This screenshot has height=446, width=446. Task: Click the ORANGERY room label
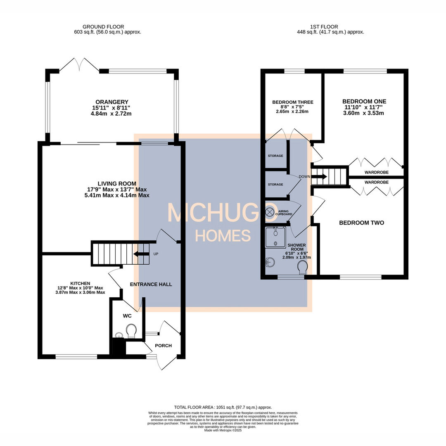tap(111, 102)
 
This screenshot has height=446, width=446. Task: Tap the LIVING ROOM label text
tap(117, 183)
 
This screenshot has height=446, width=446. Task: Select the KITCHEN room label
tap(69, 283)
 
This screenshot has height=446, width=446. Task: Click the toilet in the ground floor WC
tap(132, 331)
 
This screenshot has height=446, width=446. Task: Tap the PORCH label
tap(163, 346)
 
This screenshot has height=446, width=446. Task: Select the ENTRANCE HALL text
tap(151, 284)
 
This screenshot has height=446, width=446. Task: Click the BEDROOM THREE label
tap(293, 102)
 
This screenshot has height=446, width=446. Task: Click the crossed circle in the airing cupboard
tap(269, 212)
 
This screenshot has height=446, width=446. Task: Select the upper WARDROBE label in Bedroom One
tap(376, 172)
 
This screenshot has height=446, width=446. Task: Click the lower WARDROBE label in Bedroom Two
tap(376, 182)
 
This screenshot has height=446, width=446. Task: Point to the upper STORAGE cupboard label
tap(275, 156)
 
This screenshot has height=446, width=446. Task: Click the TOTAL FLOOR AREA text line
tap(223, 407)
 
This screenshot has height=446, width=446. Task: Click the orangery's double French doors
tap(79, 65)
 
